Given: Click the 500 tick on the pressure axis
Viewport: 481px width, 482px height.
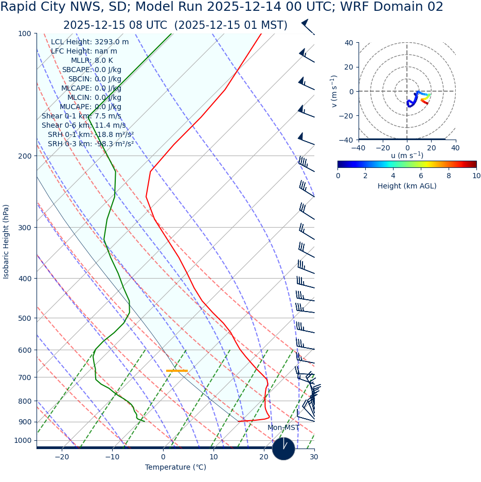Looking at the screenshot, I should pyautogui.click(x=24, y=318).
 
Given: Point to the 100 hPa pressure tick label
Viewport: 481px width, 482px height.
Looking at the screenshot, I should pyautogui.click(x=24, y=34).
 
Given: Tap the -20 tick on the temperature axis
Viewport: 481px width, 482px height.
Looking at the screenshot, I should pyautogui.click(x=62, y=457).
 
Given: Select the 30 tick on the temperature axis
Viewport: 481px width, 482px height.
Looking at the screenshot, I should pyautogui.click(x=314, y=457).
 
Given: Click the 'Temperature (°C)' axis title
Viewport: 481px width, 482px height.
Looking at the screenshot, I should pyautogui.click(x=175, y=468).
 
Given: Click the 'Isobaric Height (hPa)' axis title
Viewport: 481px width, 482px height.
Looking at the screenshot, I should pyautogui.click(x=6, y=242).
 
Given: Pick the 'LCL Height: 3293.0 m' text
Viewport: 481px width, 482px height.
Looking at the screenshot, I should pyautogui.click(x=90, y=42).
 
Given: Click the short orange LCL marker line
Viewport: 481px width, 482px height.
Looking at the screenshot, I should pyautogui.click(x=177, y=371).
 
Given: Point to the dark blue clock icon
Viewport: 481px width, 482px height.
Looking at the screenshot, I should pyautogui.click(x=283, y=449).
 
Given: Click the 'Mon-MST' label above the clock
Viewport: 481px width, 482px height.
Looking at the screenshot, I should pyautogui.click(x=283, y=428).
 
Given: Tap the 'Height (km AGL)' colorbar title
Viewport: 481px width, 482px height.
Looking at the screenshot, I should pyautogui.click(x=407, y=186).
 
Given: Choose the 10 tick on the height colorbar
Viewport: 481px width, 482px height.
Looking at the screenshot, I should pyautogui.click(x=476, y=176).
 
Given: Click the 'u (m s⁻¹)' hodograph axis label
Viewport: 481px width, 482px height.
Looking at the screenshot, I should pyautogui.click(x=407, y=156).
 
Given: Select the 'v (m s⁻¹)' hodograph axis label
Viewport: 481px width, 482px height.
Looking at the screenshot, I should pyautogui.click(x=334, y=91).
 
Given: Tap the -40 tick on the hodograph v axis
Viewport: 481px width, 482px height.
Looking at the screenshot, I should pyautogui.click(x=349, y=140).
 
